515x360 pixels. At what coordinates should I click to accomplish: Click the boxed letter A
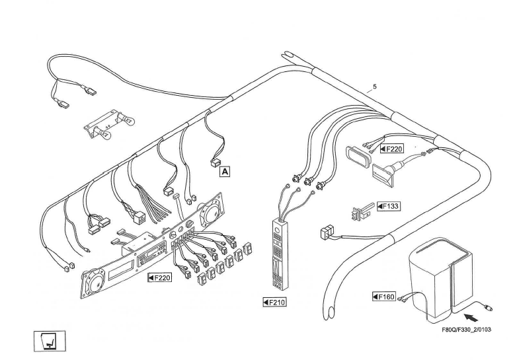tap(225, 171)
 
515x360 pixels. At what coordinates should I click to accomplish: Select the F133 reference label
tap(389, 206)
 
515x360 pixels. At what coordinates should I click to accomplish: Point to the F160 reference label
tap(384, 297)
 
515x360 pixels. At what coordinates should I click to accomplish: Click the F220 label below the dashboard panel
tap(159, 278)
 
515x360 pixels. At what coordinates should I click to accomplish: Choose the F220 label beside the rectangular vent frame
tap(392, 149)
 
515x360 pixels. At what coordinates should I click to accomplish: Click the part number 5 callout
tap(375, 87)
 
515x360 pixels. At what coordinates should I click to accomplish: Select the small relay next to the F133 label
tap(360, 213)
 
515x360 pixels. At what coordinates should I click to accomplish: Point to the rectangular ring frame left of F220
tap(358, 160)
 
